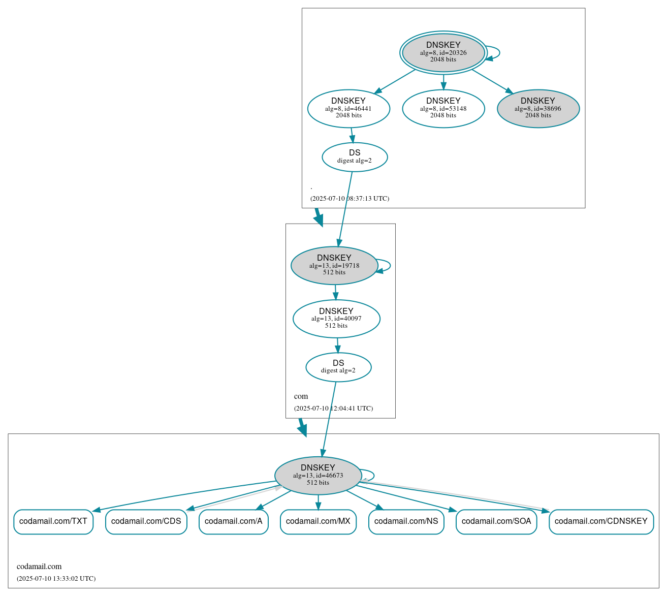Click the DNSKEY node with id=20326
(443, 52)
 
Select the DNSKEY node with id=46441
(348, 108)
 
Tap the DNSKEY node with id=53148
(443, 108)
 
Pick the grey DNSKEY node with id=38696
(538, 108)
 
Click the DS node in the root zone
(355, 157)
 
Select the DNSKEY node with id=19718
(334, 265)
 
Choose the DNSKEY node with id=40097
(336, 319)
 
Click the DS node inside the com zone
(338, 367)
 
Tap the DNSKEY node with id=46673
(318, 476)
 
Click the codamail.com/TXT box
(53, 521)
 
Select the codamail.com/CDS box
(146, 521)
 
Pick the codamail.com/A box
(234, 521)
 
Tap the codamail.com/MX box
(318, 521)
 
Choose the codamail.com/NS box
(406, 521)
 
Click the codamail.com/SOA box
(496, 521)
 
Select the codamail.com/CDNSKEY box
(601, 521)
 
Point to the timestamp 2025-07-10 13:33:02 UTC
(56, 578)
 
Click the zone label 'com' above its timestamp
(301, 396)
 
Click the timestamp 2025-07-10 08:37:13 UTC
(350, 198)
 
